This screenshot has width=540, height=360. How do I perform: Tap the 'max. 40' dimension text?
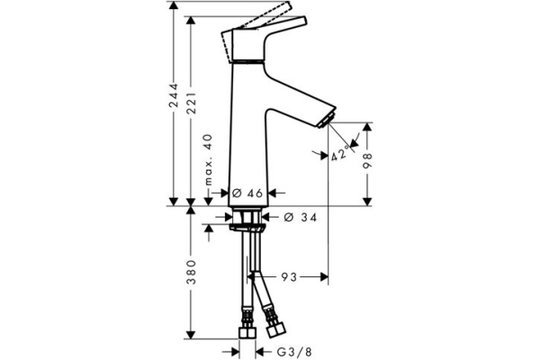[208, 157]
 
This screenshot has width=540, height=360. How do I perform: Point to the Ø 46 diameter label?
[247, 193]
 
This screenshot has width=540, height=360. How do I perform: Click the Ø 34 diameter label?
[300, 217]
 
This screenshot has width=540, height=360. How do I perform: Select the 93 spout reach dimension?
[290, 277]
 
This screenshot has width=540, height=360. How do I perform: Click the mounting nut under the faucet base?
[247, 219]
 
